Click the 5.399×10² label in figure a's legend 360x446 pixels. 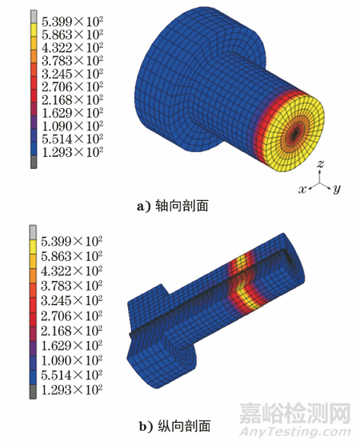(x=72, y=22)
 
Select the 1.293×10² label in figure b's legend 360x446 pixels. (x=71, y=389)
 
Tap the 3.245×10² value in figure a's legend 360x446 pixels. (x=72, y=74)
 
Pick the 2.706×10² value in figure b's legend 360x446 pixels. (x=71, y=315)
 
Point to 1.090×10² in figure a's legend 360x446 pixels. (x=72, y=126)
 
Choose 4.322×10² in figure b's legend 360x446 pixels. (x=71, y=271)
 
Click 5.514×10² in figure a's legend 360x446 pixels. (x=72, y=139)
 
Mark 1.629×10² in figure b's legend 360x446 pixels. (x=71, y=345)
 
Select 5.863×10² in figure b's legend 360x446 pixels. (x=71, y=256)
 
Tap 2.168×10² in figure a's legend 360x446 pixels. (x=72, y=100)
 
